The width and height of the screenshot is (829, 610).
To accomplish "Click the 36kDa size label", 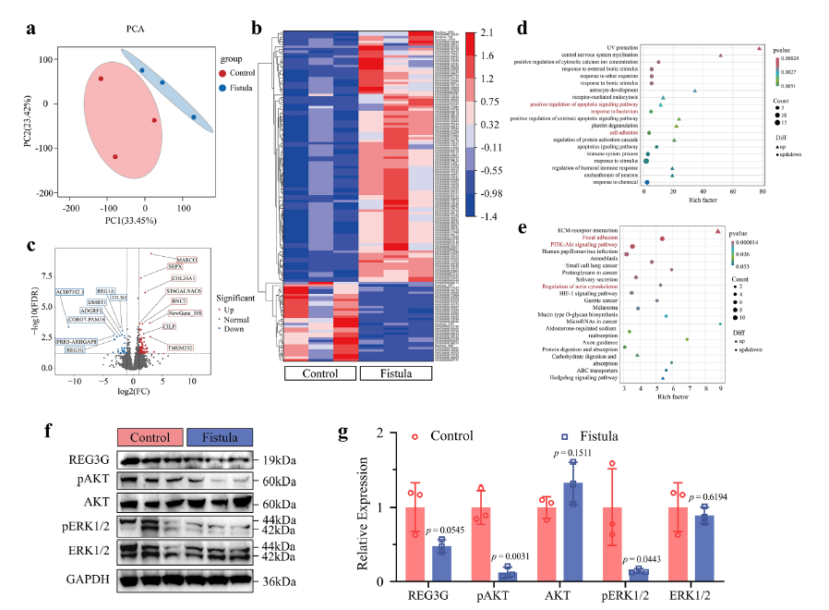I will [x=280, y=580].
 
